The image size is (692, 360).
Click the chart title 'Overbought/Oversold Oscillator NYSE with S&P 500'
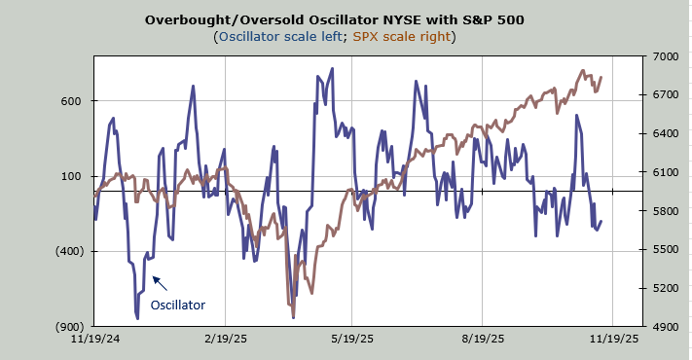335,19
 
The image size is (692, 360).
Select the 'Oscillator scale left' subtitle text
280,36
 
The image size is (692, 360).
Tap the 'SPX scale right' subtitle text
402,36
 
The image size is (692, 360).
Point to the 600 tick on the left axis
71,101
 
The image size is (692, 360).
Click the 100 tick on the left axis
71,176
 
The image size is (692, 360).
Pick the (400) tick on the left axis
69,251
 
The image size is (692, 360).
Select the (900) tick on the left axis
69,327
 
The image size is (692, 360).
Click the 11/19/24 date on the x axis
95,339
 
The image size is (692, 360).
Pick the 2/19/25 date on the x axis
226,339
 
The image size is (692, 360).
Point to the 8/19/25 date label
483,339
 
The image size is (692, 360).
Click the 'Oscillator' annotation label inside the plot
178,306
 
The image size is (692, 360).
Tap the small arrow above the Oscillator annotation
160,283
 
